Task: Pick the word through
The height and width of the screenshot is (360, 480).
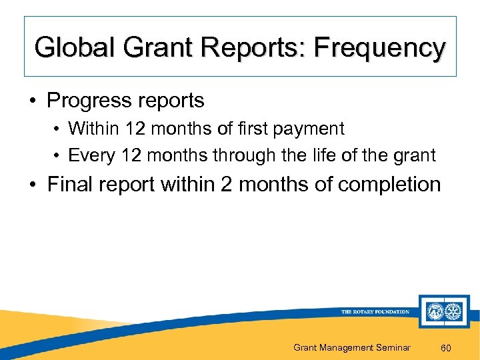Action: (251, 155)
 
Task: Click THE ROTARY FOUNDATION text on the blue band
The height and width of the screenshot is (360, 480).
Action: (375, 312)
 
